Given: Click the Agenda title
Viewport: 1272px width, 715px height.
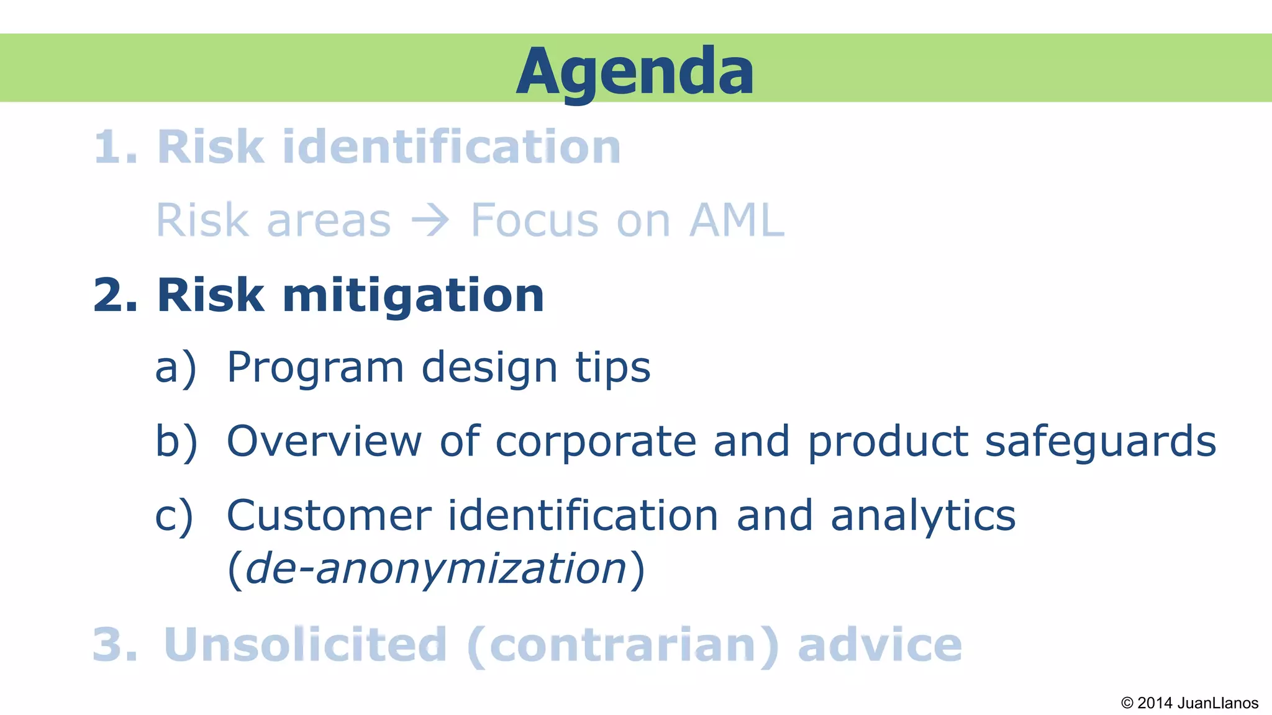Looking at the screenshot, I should pyautogui.click(x=635, y=71).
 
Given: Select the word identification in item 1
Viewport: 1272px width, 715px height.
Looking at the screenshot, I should pyautogui.click(x=452, y=147).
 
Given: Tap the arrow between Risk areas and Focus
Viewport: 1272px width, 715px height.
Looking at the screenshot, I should pyautogui.click(x=430, y=220).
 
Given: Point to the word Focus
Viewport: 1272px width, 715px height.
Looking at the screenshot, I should pyautogui.click(x=534, y=220).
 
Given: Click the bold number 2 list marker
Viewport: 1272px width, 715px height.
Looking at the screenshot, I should pyautogui.click(x=115, y=295).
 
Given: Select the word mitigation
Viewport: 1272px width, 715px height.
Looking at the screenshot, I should pyautogui.click(x=413, y=296).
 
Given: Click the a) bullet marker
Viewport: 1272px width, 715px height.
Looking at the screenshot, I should pyautogui.click(x=176, y=367).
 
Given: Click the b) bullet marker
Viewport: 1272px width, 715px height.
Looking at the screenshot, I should pyautogui.click(x=176, y=441).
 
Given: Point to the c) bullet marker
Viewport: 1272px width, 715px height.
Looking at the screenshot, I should pyautogui.click(x=175, y=516).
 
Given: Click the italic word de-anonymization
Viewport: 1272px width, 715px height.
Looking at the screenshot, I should pyautogui.click(x=436, y=569).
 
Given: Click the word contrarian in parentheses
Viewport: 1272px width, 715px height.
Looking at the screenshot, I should pyautogui.click(x=622, y=645).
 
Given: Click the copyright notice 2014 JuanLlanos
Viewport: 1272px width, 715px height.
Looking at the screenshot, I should pyautogui.click(x=1189, y=703).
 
